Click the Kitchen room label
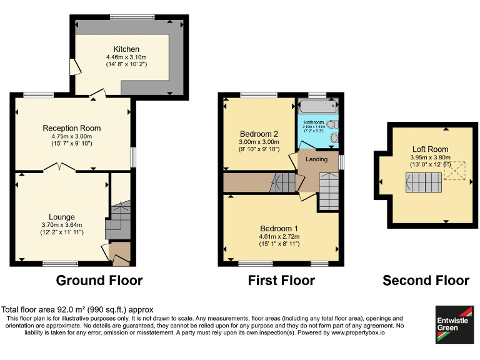[126, 49]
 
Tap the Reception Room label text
[71, 128]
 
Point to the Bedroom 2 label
[259, 134]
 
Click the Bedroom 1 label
[279, 228]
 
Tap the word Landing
[317, 159]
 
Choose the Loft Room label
[429, 149]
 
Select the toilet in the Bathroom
[334, 137]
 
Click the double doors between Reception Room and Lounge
[58, 167]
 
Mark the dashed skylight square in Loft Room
[454, 171]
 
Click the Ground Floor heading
[99, 281]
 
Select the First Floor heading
[281, 281]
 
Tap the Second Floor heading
[426, 281]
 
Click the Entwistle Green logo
[454, 324]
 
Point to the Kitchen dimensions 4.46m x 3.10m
[126, 57]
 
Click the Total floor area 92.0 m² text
[77, 309]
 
